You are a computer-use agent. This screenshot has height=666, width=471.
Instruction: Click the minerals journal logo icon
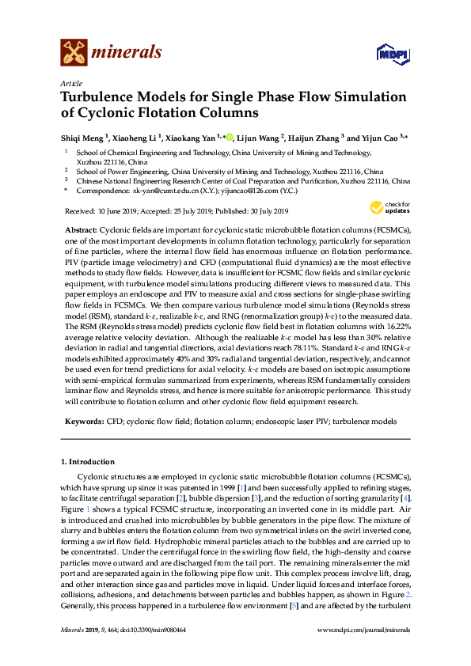(72, 52)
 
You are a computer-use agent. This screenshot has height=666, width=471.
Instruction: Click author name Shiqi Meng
(84, 137)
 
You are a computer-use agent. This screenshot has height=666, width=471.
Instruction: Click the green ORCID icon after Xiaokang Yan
(230, 137)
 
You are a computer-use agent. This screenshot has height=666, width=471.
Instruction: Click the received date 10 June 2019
(117, 211)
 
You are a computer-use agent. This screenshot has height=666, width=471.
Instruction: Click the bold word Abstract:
(83, 228)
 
